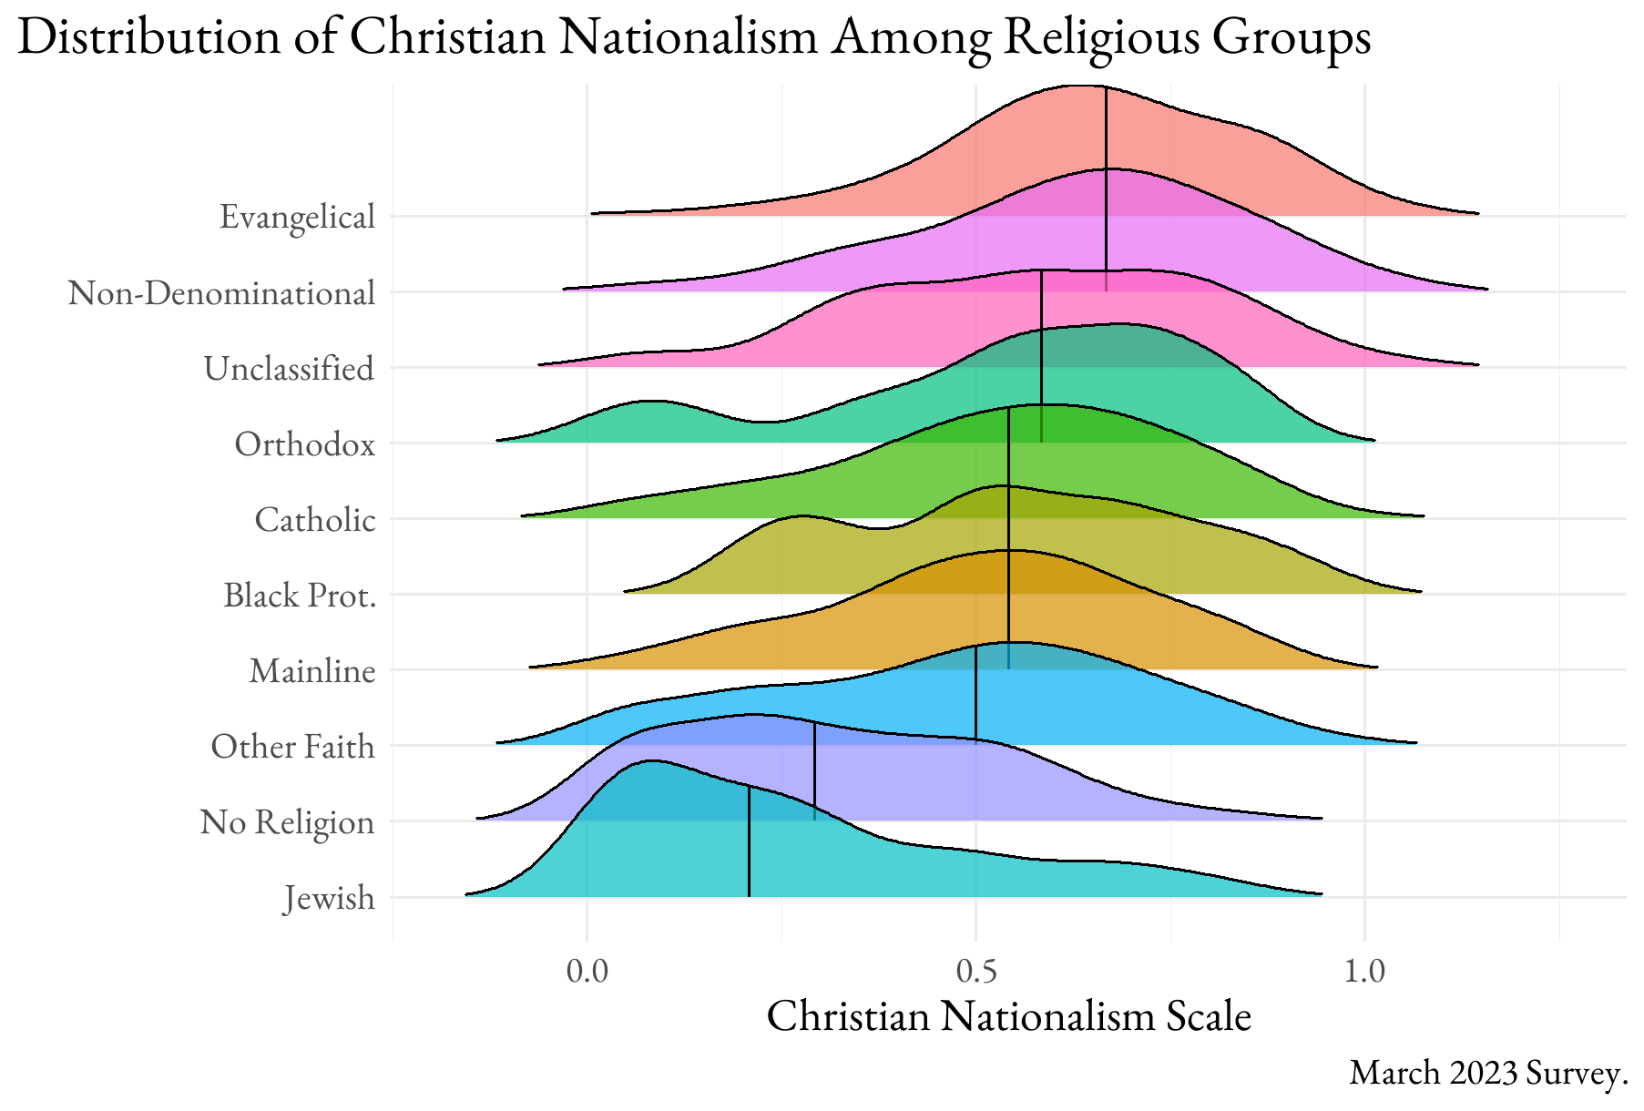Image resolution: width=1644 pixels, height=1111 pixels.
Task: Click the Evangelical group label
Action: (x=297, y=218)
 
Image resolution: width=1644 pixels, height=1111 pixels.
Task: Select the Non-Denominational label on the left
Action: (x=221, y=293)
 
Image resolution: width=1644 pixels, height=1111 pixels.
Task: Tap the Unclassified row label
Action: (x=289, y=369)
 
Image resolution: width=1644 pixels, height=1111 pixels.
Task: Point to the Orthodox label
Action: (x=304, y=444)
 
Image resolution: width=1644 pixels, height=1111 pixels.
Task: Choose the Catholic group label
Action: (x=314, y=520)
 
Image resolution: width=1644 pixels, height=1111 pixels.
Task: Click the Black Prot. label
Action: (x=300, y=596)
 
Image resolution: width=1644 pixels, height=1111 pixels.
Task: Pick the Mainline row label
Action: (x=312, y=671)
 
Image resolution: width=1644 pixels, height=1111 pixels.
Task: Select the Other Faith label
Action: (x=292, y=747)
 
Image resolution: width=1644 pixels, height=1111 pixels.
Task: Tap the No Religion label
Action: (x=287, y=822)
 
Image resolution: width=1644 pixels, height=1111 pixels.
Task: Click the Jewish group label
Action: (x=329, y=898)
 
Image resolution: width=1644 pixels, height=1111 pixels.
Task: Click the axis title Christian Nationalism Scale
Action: (x=1008, y=1016)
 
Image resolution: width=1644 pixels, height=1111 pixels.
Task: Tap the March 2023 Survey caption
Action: (x=1487, y=1073)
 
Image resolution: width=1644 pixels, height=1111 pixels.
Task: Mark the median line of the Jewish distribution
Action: (x=749, y=842)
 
